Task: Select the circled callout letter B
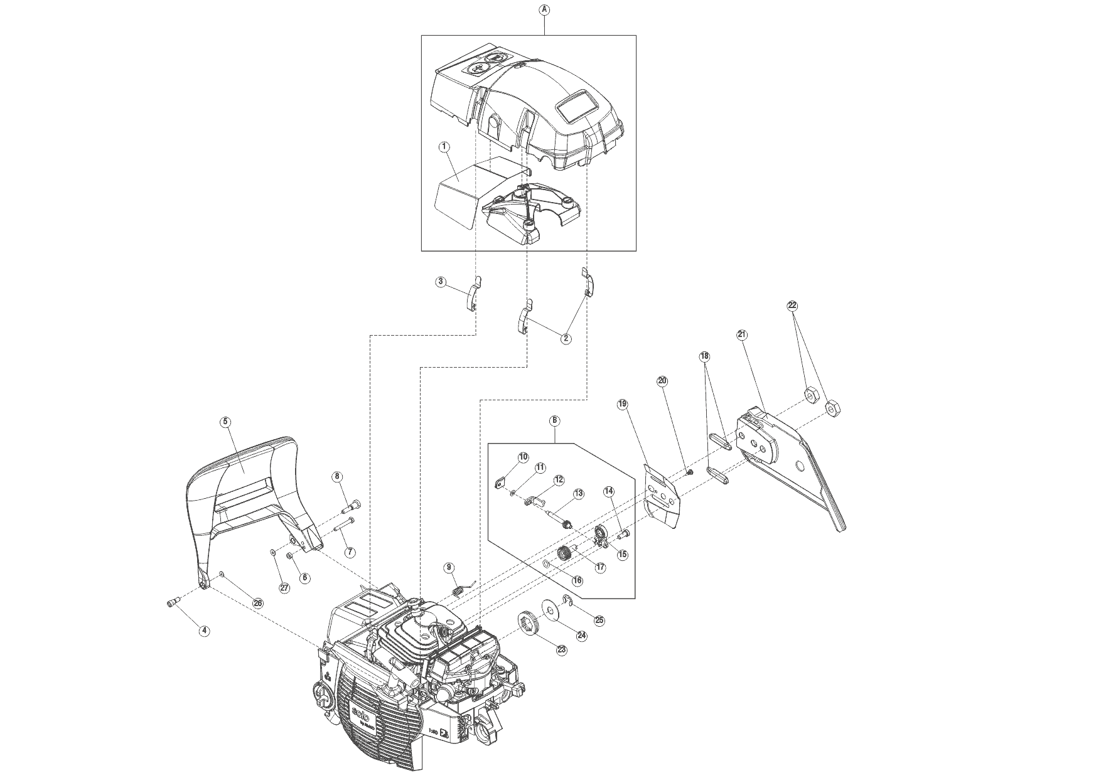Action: click(x=555, y=421)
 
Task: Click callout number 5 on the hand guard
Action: click(x=225, y=422)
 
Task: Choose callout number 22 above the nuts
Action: click(x=792, y=306)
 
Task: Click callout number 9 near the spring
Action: click(x=449, y=568)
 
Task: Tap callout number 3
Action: click(x=441, y=282)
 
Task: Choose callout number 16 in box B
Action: click(x=577, y=580)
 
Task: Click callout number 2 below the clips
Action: click(x=566, y=338)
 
